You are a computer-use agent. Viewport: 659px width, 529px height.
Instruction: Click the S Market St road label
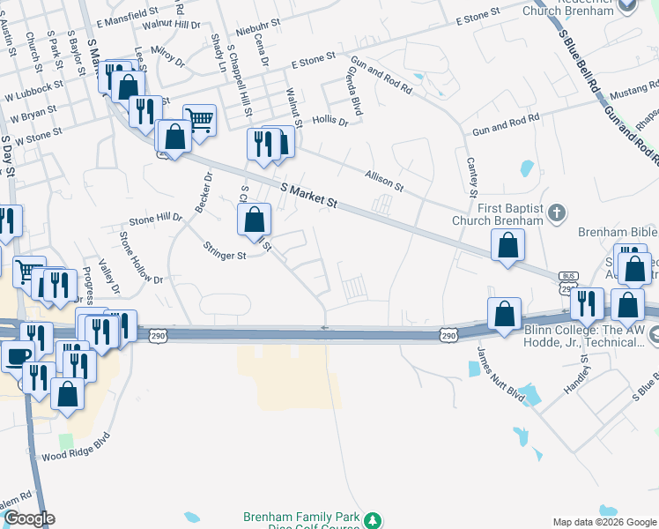pyautogui.click(x=309, y=195)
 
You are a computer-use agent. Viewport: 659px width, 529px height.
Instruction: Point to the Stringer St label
pyautogui.click(x=225, y=251)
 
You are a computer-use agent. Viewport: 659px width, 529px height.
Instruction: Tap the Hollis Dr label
pyautogui.click(x=330, y=121)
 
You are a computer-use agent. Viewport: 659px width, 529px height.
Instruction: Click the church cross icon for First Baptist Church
pyautogui.click(x=555, y=212)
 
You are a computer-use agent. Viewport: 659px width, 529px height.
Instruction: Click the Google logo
pyautogui.click(x=28, y=518)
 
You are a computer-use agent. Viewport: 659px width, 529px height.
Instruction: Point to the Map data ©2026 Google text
pyautogui.click(x=603, y=521)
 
